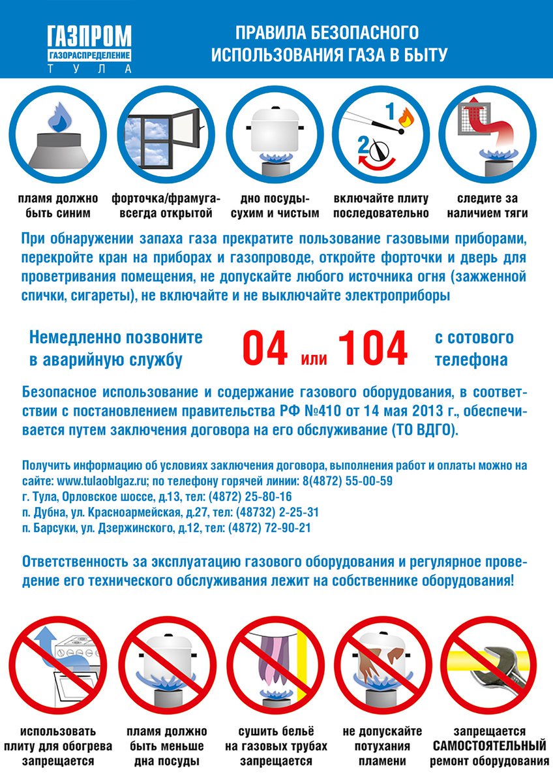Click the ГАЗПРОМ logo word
click(x=89, y=36)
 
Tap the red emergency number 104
click(x=373, y=348)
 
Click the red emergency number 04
click(x=265, y=348)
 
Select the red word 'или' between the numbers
click(x=314, y=358)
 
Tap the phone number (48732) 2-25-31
click(x=277, y=512)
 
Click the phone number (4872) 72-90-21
click(x=269, y=528)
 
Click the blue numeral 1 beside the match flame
click(x=390, y=112)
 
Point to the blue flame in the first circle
click(x=59, y=117)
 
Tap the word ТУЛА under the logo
click(x=89, y=69)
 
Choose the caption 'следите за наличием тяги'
click(x=487, y=206)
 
